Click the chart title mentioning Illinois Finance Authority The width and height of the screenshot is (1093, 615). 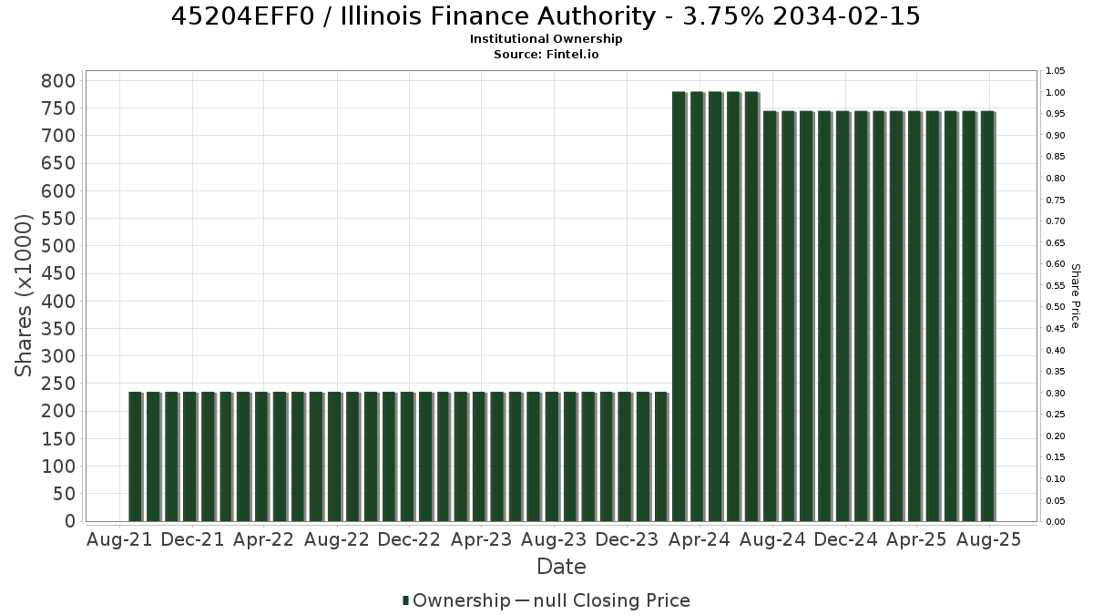point(546,16)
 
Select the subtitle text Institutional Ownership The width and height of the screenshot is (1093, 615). point(546,39)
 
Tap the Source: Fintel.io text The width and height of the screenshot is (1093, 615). point(546,54)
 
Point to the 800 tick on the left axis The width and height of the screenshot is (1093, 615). point(59,81)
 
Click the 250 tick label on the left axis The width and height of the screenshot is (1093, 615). point(59,384)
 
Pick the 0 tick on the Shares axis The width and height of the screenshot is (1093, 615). point(71,521)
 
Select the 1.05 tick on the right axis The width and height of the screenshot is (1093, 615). point(1056,71)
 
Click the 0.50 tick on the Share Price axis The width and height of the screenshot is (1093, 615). point(1056,307)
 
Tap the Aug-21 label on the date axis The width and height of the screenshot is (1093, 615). point(119,539)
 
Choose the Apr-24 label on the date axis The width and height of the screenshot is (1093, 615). point(700,539)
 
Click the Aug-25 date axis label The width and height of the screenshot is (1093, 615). point(988,539)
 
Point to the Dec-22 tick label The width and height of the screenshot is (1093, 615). point(409,539)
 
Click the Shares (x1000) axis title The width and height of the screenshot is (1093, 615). point(23,296)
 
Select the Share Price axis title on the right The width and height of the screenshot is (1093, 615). point(1075,296)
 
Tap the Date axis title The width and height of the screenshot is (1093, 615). point(561,567)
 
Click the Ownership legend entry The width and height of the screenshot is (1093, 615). point(456,600)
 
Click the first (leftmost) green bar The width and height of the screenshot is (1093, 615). point(135,456)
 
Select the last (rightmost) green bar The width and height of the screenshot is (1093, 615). point(987,316)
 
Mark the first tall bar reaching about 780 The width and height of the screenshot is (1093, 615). point(679,306)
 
